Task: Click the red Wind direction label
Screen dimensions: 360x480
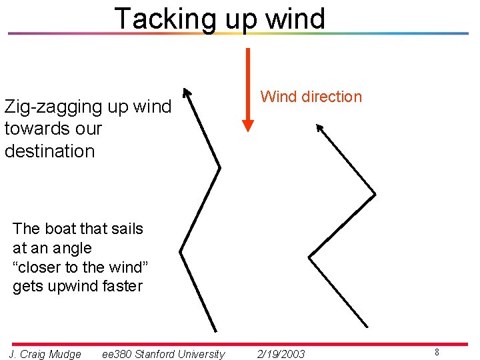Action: click(311, 97)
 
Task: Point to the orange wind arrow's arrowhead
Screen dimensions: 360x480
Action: click(248, 125)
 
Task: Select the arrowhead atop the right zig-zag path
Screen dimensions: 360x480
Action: click(319, 128)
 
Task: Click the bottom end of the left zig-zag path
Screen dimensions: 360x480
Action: click(215, 331)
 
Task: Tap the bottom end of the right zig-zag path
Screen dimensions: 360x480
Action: click(367, 326)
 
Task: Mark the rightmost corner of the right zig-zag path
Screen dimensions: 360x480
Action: click(375, 194)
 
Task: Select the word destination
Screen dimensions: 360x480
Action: click(50, 151)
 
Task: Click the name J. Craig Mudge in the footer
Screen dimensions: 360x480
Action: click(45, 354)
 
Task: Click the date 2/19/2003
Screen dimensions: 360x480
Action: click(281, 354)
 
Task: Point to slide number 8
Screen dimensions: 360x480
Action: click(437, 352)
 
